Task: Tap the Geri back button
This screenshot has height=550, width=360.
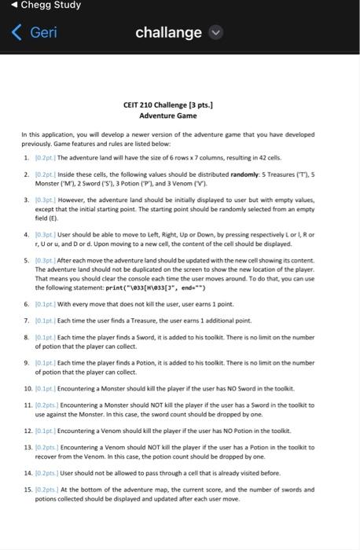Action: tap(36, 33)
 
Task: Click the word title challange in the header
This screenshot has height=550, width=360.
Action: tap(168, 32)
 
